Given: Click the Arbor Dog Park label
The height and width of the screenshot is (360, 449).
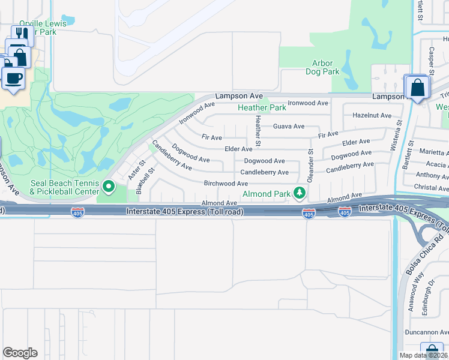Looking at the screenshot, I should coord(326,67).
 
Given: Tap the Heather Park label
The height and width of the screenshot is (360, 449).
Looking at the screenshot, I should coord(262,108).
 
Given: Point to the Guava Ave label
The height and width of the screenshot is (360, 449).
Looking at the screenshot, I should coord(289,127).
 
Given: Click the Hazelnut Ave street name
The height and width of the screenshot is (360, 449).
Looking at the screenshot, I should coord(372,115).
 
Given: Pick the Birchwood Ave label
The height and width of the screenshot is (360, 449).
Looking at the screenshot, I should coord(226,184).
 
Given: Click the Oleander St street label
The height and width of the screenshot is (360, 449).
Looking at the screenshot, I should coord(311,163).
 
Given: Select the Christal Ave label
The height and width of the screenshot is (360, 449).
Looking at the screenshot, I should coord(432,188).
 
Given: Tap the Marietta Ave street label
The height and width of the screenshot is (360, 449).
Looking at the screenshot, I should coord(433,152).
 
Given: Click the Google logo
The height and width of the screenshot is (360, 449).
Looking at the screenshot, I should coord(20,353).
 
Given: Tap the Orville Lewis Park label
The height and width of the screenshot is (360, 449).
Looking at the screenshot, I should coord(43,28).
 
